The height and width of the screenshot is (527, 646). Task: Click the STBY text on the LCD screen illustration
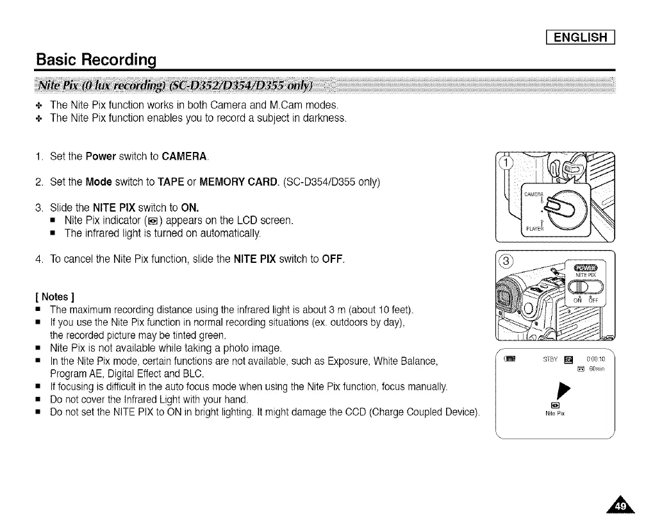click(549, 359)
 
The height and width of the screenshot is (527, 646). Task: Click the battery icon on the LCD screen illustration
click(511, 358)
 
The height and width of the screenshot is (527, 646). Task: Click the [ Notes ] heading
click(54, 297)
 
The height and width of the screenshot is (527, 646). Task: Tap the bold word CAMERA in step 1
click(185, 157)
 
